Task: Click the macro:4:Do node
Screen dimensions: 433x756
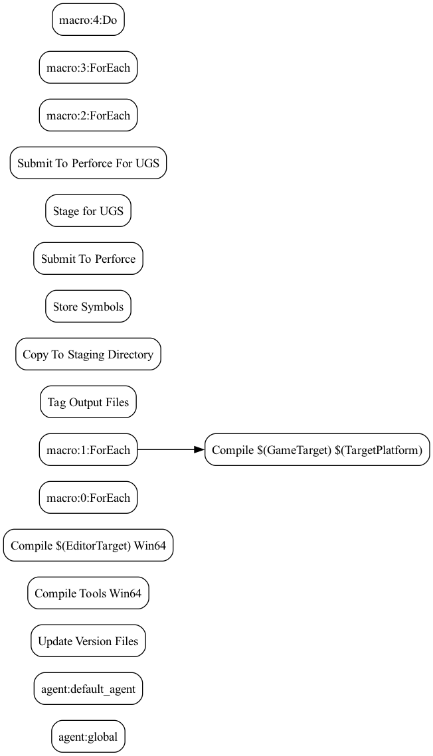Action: click(88, 20)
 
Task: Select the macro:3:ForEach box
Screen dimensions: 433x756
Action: click(88, 68)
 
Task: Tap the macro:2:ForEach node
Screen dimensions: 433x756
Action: click(88, 115)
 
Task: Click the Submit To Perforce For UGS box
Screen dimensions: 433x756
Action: click(88, 163)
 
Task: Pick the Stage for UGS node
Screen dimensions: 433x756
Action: click(88, 211)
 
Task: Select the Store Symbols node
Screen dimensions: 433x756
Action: click(88, 307)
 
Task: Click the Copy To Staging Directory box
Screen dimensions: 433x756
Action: click(88, 354)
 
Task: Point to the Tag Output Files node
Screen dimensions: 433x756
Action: click(88, 402)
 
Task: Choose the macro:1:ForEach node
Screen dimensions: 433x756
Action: click(88, 450)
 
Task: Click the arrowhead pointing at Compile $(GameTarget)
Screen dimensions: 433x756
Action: click(199, 450)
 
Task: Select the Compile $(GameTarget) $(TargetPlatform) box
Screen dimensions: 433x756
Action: click(317, 450)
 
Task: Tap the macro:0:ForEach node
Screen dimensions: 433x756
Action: click(88, 498)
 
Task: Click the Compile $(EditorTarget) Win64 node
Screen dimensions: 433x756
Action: click(88, 546)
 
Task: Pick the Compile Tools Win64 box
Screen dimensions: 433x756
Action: click(88, 593)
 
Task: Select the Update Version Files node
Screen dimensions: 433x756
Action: click(88, 641)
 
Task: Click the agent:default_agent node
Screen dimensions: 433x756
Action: click(88, 689)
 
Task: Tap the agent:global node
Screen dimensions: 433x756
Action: click(88, 737)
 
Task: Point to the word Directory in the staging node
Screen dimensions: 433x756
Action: click(130, 354)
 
